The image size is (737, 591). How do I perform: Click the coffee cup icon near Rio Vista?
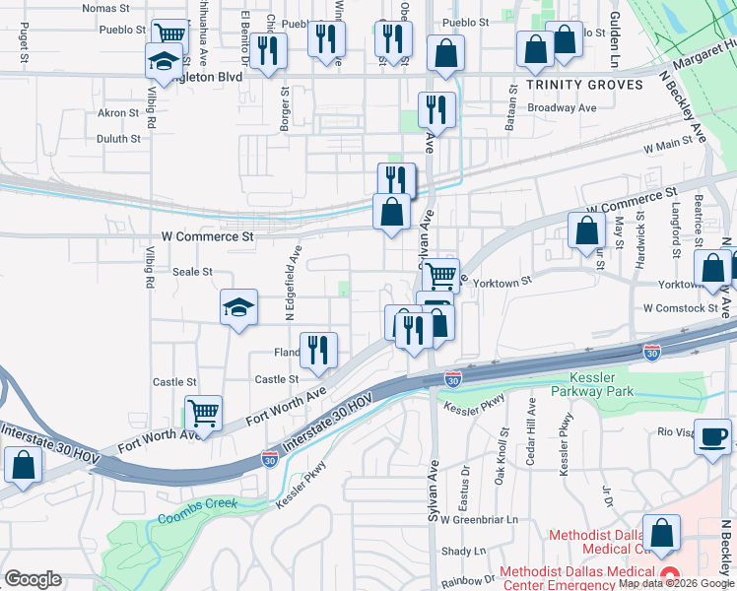[712, 435]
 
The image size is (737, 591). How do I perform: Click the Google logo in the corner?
[33, 579]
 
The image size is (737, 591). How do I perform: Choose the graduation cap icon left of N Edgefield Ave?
[237, 308]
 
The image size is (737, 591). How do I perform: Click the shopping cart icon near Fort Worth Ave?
[203, 413]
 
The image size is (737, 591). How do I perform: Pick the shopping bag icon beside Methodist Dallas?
[662, 532]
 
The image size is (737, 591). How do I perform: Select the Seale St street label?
[192, 272]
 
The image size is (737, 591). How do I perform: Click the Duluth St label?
[119, 139]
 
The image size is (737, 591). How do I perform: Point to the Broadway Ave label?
[562, 107]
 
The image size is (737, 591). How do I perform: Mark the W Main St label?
[669, 147]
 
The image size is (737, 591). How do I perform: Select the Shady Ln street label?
[464, 551]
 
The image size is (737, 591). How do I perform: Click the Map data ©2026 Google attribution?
[676, 583]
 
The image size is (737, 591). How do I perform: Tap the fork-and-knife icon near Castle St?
[318, 351]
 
